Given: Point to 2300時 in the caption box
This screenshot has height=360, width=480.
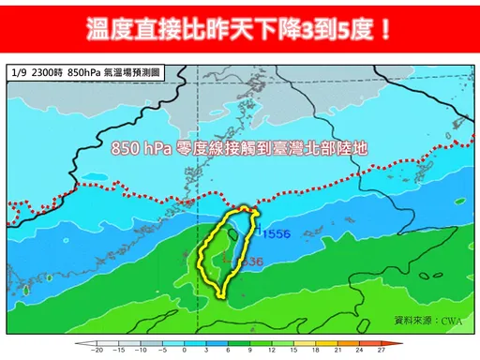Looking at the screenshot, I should pyautogui.click(x=47, y=72).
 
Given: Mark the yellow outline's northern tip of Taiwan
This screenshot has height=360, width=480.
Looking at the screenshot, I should pyautogui.click(x=246, y=206).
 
